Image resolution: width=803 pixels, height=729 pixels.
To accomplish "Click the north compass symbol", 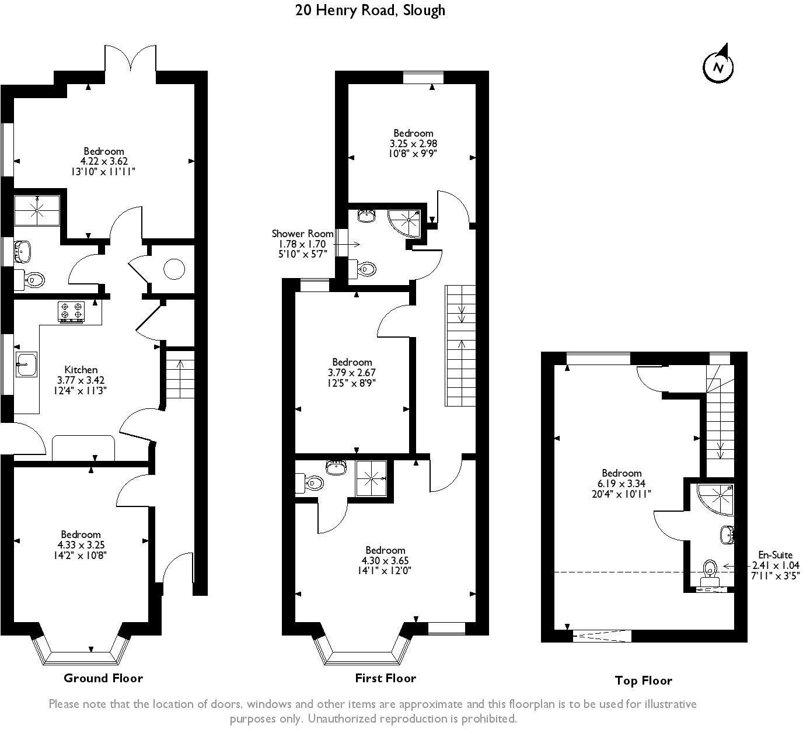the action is click(x=718, y=66).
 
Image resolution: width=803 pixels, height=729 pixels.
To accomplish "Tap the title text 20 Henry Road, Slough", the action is click(x=370, y=10).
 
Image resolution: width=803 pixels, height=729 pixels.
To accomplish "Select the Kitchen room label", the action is click(x=81, y=369).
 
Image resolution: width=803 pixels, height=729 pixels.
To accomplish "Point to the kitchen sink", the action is click(x=26, y=364).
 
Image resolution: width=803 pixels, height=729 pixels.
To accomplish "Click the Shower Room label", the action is click(x=302, y=233).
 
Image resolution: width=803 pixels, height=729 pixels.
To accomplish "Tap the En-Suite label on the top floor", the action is click(x=775, y=555).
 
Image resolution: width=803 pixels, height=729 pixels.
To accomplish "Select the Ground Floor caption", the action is click(x=103, y=678).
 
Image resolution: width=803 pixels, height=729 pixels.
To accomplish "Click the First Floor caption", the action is click(x=385, y=678).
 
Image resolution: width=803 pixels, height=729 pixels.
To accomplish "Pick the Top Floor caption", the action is click(x=643, y=681).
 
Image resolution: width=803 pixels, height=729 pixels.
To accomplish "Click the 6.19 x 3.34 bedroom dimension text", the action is click(x=622, y=484).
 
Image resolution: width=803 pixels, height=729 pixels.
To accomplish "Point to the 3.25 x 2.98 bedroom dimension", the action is click(x=413, y=143).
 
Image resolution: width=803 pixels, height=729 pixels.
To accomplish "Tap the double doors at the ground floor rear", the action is click(x=131, y=60).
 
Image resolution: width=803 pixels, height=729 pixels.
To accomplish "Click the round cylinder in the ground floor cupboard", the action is click(x=174, y=269).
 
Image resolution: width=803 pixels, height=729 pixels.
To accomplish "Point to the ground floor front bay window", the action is click(x=82, y=653).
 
